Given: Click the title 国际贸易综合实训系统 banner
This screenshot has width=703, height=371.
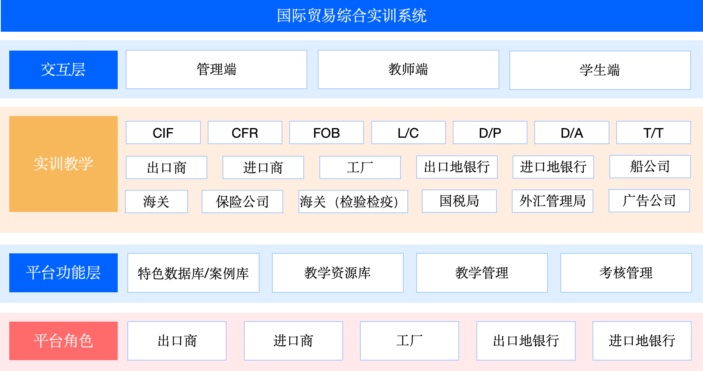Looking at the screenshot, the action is tap(351, 16).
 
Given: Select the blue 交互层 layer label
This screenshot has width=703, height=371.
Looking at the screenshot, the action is tap(63, 70).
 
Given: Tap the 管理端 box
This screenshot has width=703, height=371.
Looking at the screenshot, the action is tap(217, 69).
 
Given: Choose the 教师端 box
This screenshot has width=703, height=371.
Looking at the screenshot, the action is tap(408, 69).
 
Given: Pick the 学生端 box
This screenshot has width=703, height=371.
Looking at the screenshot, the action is tap(600, 70).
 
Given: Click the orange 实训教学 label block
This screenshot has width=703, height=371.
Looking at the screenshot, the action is tap(63, 164).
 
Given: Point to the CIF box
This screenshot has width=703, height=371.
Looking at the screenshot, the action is tap(163, 132).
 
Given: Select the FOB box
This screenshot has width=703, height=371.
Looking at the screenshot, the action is tap(327, 132).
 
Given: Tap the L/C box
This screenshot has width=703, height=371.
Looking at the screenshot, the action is tap(409, 132).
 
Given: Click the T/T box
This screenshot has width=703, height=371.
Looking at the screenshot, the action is tap(654, 132).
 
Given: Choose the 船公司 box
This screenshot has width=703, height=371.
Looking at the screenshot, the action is tap(650, 167).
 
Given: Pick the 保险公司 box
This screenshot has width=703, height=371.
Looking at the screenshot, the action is tap(242, 202).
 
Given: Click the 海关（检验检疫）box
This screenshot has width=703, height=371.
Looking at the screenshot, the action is tap(353, 202).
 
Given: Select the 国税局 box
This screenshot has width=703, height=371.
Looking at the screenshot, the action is tap(459, 201).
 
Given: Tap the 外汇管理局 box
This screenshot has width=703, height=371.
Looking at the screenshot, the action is tap(552, 201).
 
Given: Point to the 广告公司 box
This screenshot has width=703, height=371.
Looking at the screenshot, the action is tap(649, 201).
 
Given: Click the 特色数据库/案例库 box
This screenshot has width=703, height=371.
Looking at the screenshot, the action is tap(193, 273).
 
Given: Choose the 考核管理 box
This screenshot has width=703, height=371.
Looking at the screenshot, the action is tap(626, 273).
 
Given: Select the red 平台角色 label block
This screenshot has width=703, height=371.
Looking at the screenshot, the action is tap(63, 341).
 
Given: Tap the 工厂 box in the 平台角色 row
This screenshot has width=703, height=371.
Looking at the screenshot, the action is tap(409, 341).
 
